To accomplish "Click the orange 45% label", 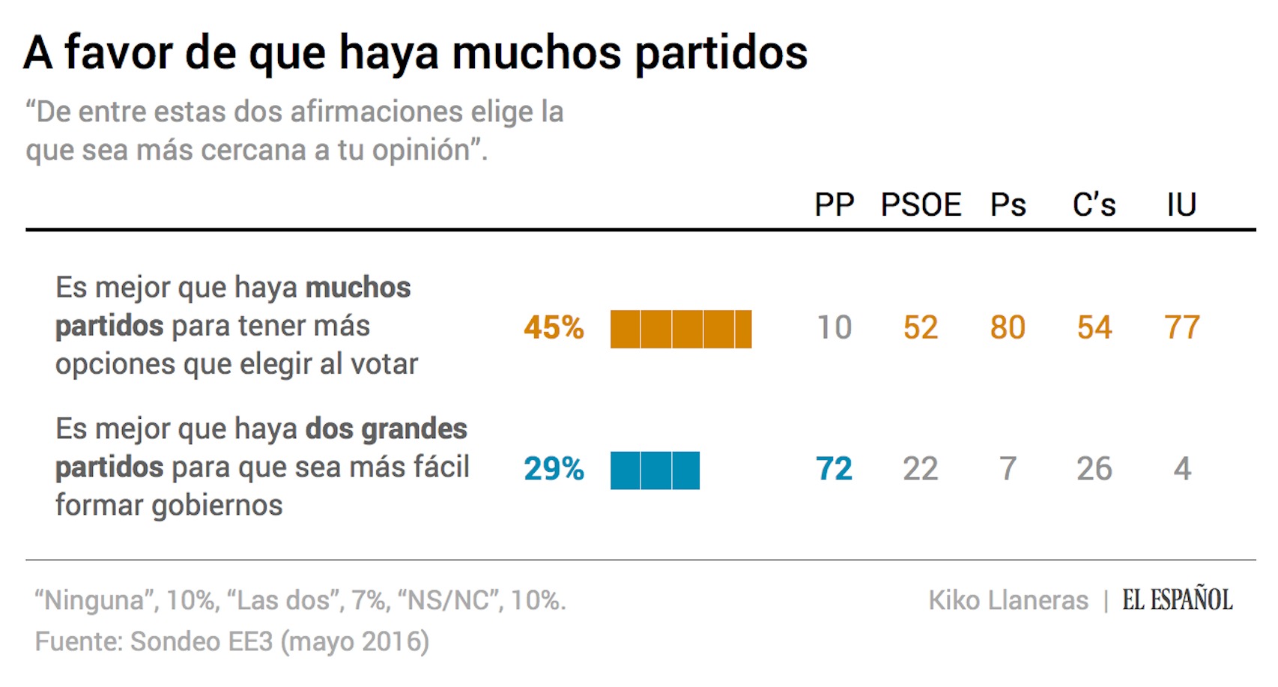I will [x=554, y=328].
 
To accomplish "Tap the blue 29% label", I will [x=554, y=470].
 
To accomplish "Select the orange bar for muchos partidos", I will [x=680, y=330].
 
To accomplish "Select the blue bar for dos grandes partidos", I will [x=655, y=470].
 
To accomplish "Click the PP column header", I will [x=834, y=205].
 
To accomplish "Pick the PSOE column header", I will [x=921, y=205].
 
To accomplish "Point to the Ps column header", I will [x=1008, y=205].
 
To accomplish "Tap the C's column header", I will [x=1094, y=205].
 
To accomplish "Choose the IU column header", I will [x=1181, y=205].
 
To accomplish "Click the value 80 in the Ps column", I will [x=1008, y=328].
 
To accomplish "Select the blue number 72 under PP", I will [x=834, y=470].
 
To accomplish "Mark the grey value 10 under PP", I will [x=834, y=328].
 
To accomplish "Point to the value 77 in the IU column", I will [x=1181, y=328].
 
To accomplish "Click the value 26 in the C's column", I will [x=1094, y=470].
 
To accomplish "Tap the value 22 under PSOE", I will [x=921, y=470].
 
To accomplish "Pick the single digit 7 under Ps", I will [x=1008, y=470].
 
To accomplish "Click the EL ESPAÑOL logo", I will [x=1177, y=600].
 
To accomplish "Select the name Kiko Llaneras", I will [x=1008, y=601].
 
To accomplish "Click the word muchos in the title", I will [x=536, y=54].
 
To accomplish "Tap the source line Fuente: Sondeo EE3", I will [x=231, y=642].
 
